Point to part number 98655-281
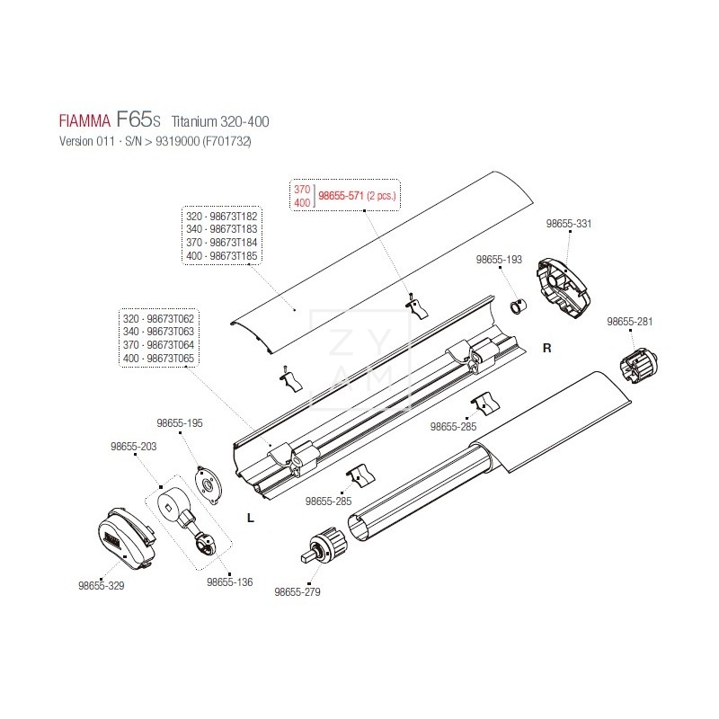pos(631,321)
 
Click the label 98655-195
pos(180,422)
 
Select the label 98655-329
pos(101,585)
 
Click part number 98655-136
pos(230,581)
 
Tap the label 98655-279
pos(297,592)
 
